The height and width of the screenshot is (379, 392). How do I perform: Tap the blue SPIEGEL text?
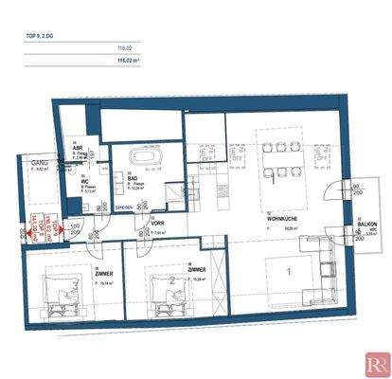point(123,206)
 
